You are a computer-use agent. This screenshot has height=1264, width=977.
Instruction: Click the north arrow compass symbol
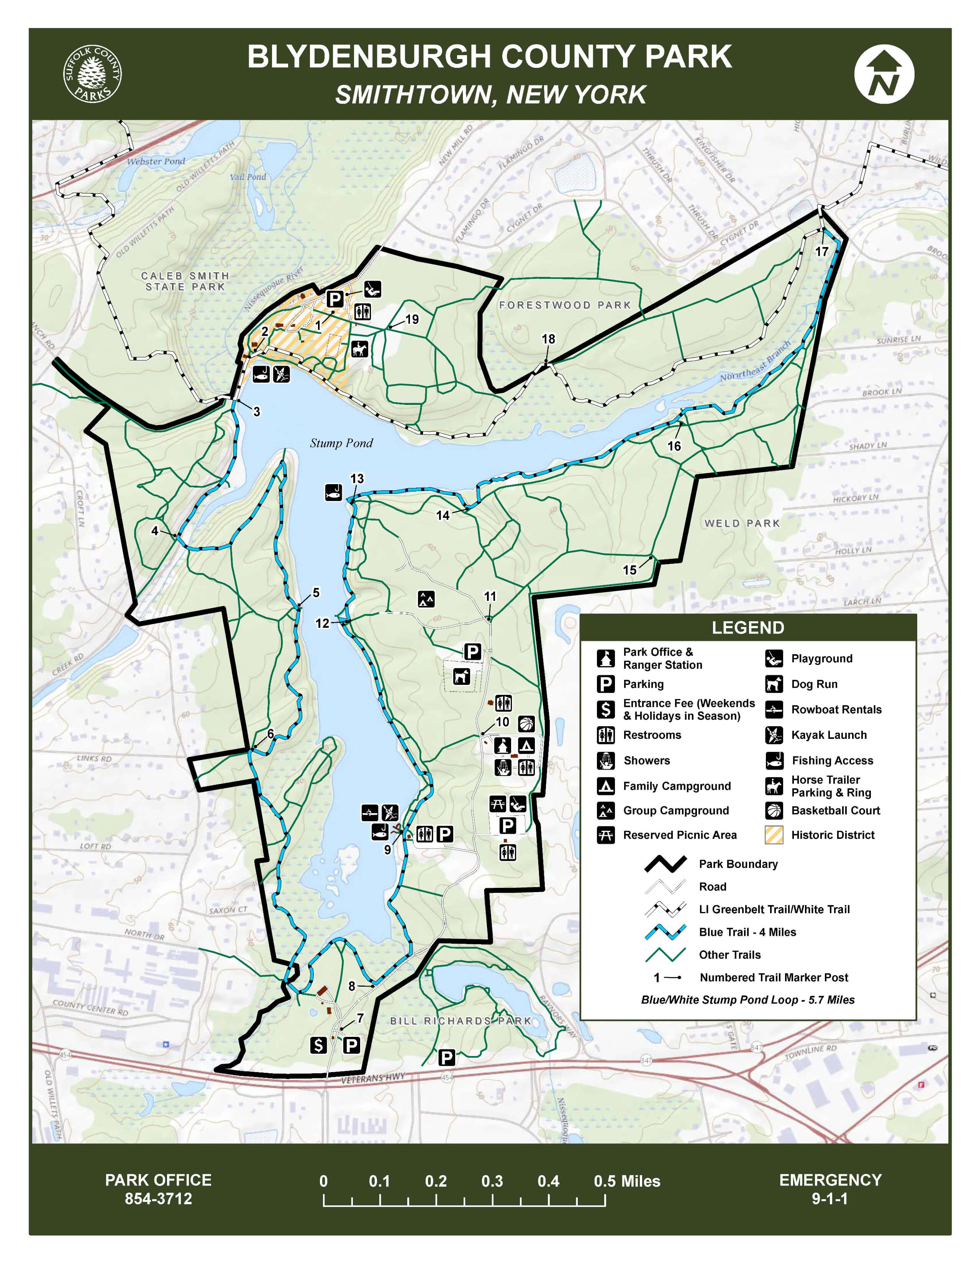pyautogui.click(x=884, y=74)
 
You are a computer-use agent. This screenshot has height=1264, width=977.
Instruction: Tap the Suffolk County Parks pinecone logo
pyautogui.click(x=92, y=74)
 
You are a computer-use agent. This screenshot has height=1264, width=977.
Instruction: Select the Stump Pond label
pyautogui.click(x=341, y=443)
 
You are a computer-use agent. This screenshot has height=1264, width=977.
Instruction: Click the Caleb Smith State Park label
pyautogui.click(x=185, y=281)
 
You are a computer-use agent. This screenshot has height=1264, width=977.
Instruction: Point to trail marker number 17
pyautogui.click(x=821, y=251)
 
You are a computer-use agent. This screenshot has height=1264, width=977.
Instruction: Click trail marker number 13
pyautogui.click(x=357, y=479)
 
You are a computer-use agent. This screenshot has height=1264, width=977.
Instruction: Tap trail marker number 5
pyautogui.click(x=315, y=593)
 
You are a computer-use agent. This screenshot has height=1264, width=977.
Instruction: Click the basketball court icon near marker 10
pyautogui.click(x=526, y=724)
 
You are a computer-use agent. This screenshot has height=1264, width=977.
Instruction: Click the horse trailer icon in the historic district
pyautogui.click(x=359, y=349)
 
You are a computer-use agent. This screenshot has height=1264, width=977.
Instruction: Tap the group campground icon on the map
pyautogui.click(x=426, y=599)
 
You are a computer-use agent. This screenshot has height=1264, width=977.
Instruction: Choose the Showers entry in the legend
pyautogui.click(x=646, y=760)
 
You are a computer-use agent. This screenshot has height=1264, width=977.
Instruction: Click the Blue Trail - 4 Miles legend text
pyautogui.click(x=747, y=932)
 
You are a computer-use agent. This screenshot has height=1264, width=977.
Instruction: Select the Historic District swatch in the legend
pyautogui.click(x=774, y=835)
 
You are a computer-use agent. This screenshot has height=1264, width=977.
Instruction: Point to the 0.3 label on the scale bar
pyautogui.click(x=492, y=1181)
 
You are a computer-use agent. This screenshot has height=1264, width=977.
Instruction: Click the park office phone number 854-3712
pyautogui.click(x=158, y=1198)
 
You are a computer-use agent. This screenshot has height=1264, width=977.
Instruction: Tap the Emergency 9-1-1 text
pyautogui.click(x=830, y=1189)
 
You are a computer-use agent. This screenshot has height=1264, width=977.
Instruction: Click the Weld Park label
pyautogui.click(x=742, y=523)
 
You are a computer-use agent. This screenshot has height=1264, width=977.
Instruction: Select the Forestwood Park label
pyautogui.click(x=564, y=305)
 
